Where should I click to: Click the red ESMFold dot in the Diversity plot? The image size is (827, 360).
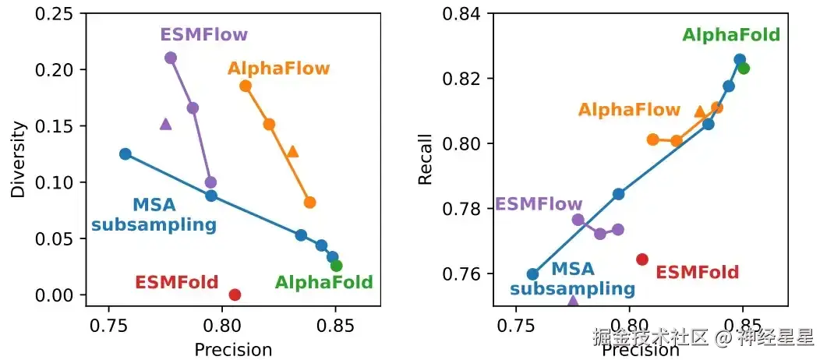coord(235,295)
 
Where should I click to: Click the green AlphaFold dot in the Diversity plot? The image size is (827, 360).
coord(336,266)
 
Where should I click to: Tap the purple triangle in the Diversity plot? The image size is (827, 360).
coord(165,123)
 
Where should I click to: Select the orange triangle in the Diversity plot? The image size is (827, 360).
coord(292,151)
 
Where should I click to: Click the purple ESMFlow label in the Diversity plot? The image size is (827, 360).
coord(203,35)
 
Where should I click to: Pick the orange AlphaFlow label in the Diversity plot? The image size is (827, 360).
coord(278,69)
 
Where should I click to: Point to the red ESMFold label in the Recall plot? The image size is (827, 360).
coord(697,273)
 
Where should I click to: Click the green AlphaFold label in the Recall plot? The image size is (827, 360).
coord(731,35)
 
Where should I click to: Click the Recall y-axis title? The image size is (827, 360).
coord(425,159)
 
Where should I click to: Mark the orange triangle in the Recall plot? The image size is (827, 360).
coord(700,111)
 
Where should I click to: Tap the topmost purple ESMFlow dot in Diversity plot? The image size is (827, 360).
coord(171,58)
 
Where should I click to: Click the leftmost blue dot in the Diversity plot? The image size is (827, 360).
coord(125,154)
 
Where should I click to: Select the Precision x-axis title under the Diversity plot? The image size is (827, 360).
coord(233,350)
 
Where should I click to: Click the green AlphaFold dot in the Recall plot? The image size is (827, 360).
coord(744,68)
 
